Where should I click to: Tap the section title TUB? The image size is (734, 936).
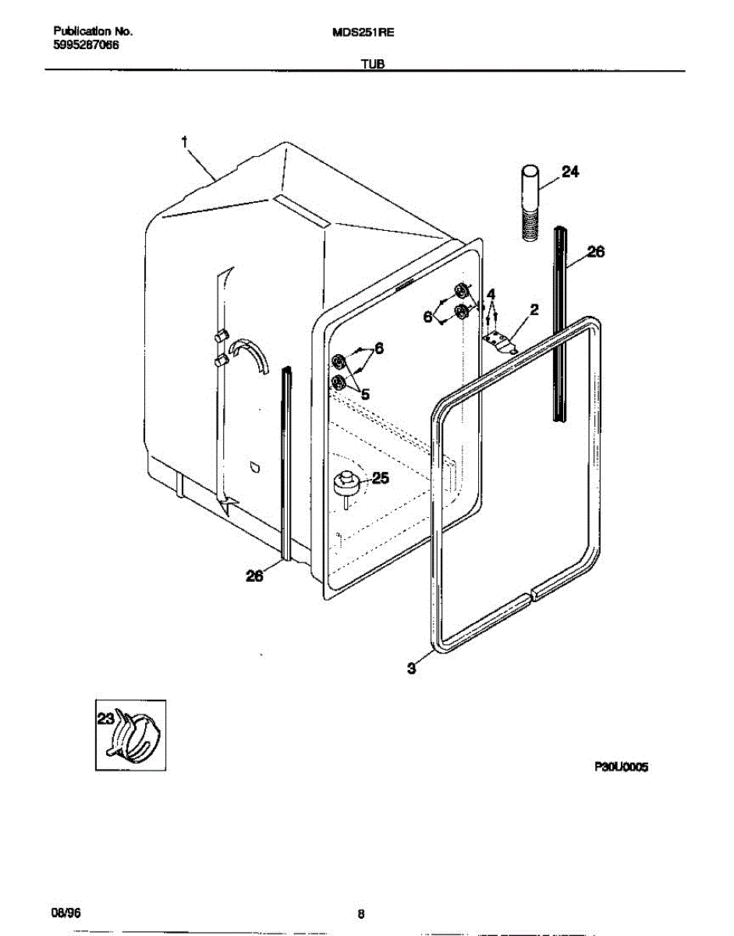pyautogui.click(x=372, y=65)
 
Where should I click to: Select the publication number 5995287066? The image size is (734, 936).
pyautogui.click(x=87, y=45)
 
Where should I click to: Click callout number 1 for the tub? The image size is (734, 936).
pyautogui.click(x=184, y=142)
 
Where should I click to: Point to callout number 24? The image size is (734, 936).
pyautogui.click(x=570, y=172)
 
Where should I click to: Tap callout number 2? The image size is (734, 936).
pyautogui.click(x=534, y=310)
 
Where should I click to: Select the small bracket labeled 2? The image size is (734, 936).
pyautogui.click(x=499, y=341)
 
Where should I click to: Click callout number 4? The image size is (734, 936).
pyautogui.click(x=491, y=294)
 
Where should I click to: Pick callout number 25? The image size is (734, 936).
pyautogui.click(x=380, y=478)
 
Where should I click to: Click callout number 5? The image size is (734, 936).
pyautogui.click(x=365, y=394)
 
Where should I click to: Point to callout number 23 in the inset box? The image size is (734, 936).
pyautogui.click(x=105, y=718)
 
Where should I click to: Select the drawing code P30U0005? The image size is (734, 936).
pyautogui.click(x=622, y=768)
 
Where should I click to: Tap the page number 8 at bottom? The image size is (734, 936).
pyautogui.click(x=361, y=914)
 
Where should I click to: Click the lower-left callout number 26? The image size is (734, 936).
pyautogui.click(x=255, y=576)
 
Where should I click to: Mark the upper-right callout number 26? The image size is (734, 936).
pyautogui.click(x=595, y=252)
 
